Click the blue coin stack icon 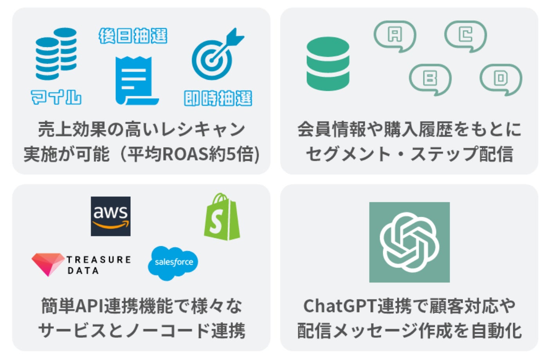(x=56, y=54)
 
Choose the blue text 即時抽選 (x=218, y=98)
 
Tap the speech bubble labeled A (x=395, y=36)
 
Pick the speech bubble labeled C (x=465, y=36)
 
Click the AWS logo (x=111, y=216)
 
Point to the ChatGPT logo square (x=409, y=242)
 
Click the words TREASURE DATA (x=98, y=265)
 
